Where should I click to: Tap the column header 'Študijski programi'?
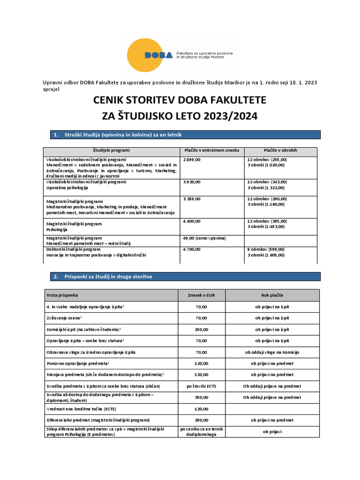(111, 150)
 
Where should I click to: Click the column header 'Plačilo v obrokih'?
(280, 150)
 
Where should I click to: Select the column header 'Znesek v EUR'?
(202, 296)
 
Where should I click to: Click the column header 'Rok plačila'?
(272, 296)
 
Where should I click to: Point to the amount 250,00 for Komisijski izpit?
(202, 330)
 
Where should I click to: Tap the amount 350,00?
(202, 397)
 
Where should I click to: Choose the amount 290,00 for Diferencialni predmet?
(202, 420)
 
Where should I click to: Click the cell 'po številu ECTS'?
(202, 386)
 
